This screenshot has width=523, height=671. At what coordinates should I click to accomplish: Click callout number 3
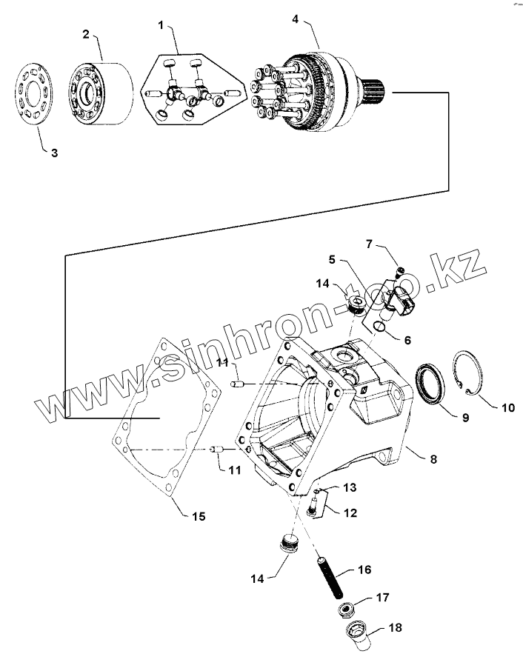point(53,153)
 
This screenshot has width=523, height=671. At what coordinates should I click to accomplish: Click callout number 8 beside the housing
point(433,459)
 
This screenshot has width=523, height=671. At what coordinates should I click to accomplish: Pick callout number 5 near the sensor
point(332,260)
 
